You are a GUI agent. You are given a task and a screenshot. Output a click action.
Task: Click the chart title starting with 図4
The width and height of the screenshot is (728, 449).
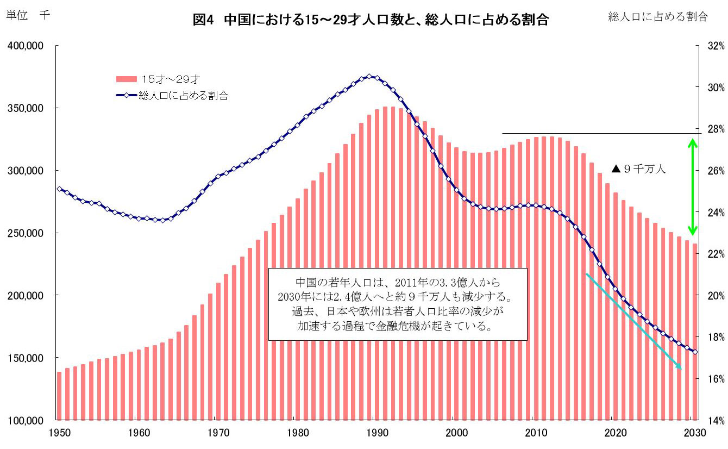pos(371,21)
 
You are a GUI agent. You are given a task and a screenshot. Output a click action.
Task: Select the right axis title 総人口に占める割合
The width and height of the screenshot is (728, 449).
pos(658,17)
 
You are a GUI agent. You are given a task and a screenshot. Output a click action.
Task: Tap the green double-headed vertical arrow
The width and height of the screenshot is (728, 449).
pos(692,187)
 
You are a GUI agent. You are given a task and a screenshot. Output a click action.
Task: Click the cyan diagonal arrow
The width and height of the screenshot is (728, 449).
pos(633,321)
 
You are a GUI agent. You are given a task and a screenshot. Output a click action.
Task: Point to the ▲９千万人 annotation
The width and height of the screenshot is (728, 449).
pos(638,169)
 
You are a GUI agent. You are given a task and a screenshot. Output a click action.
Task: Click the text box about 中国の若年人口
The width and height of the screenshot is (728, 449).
pos(398,304)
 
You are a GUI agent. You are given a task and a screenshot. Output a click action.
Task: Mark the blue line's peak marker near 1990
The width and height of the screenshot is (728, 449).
pos(369,77)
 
